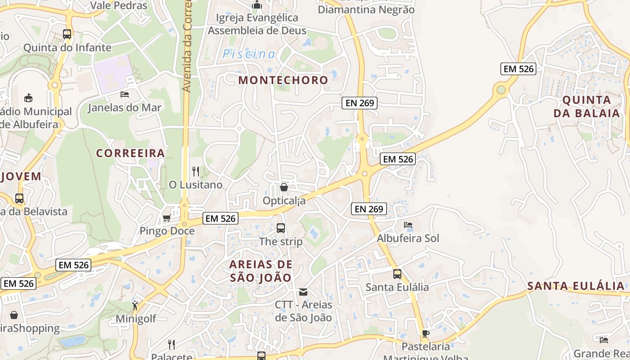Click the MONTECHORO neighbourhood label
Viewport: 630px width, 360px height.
(x=283, y=80)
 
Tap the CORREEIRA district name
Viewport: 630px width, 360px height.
(x=130, y=153)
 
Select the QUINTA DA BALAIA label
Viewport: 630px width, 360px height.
(x=587, y=106)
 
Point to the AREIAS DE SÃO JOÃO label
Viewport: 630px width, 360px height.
(x=261, y=271)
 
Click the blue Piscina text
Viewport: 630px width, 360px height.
(x=249, y=54)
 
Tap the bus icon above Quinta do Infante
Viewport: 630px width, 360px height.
(x=67, y=34)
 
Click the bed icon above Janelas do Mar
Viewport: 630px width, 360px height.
(x=125, y=94)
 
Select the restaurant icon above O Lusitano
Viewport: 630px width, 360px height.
(x=196, y=171)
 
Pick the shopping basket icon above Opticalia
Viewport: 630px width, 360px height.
(x=284, y=187)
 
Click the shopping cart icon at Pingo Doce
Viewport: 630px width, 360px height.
(x=166, y=218)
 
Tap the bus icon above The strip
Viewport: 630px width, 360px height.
(x=281, y=228)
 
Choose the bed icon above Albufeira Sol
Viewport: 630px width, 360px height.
(x=408, y=225)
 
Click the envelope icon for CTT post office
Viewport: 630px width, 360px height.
(x=303, y=292)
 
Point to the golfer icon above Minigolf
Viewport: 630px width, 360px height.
(x=135, y=306)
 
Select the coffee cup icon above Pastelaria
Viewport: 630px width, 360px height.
(x=426, y=333)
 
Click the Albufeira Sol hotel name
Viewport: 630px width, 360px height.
(x=408, y=238)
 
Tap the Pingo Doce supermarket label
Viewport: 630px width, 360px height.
(x=167, y=231)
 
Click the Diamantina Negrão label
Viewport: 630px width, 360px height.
(x=366, y=9)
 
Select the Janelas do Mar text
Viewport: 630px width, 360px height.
(x=124, y=108)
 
